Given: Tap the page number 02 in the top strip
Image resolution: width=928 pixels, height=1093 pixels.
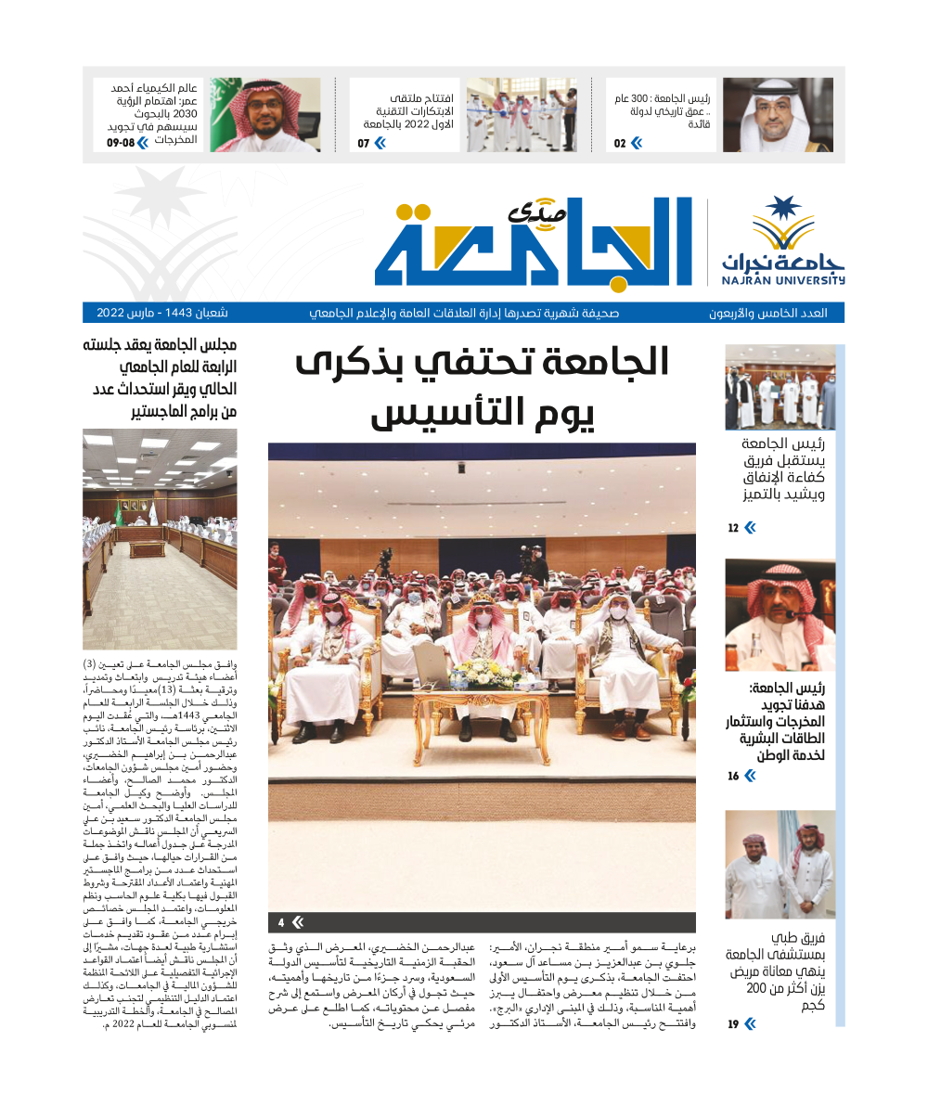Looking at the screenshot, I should (x=620, y=143).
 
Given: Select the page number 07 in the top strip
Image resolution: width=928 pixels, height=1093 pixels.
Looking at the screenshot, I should (x=364, y=143).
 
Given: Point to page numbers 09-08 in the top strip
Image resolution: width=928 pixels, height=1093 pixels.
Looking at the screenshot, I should (x=121, y=143).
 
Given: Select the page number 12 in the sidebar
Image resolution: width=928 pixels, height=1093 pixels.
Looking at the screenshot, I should (x=733, y=528).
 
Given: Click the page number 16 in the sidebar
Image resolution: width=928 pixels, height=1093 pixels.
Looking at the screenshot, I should (x=733, y=776).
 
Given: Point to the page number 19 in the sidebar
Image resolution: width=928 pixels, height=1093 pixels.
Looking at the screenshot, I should (x=733, y=1024).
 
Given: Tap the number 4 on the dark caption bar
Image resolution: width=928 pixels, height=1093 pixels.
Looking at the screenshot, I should (x=281, y=922).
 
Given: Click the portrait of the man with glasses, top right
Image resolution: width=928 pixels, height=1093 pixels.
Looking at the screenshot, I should (x=778, y=115).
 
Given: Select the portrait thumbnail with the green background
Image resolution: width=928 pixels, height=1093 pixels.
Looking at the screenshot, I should (x=264, y=115).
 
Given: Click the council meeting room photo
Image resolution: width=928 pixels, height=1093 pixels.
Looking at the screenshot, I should (x=160, y=538).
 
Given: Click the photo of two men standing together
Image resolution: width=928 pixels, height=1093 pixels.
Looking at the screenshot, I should (x=780, y=865).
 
